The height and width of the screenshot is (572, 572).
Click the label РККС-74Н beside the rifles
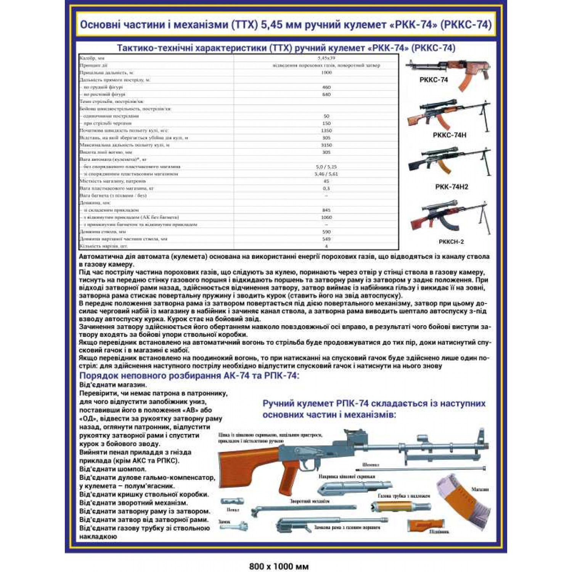point(449,135)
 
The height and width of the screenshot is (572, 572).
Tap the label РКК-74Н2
point(451,187)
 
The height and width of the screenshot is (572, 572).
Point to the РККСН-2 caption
point(451,242)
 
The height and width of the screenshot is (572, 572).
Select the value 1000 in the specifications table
point(326,72)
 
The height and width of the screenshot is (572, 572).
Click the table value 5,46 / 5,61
point(326,174)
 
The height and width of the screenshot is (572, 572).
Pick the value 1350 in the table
point(326,130)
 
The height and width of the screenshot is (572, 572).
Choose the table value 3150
point(326,145)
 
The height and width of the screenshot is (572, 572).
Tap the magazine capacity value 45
point(326,181)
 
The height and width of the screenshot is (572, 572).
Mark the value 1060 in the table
point(326,217)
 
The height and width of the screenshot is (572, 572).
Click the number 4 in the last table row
point(326,246)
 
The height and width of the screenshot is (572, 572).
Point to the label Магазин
point(480,489)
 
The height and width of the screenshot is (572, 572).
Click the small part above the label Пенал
point(232,501)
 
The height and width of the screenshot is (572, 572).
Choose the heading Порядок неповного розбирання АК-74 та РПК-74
point(189,376)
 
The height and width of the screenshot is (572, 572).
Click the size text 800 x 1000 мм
point(279,566)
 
